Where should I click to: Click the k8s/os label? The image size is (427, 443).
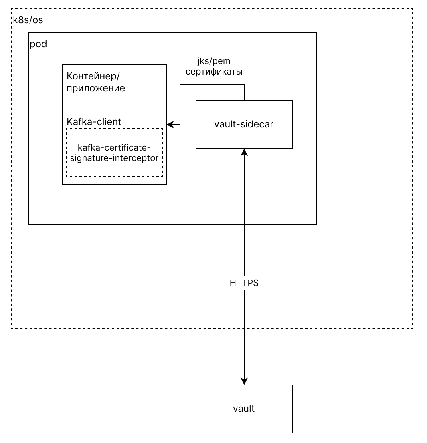tap(28, 20)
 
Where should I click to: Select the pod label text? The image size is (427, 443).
tap(38, 44)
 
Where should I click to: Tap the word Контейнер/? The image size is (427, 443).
tap(93, 76)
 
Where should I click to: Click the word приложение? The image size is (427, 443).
tap(96, 88)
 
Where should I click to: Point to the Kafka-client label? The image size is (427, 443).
tap(94, 122)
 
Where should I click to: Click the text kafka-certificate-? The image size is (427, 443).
tap(114, 147)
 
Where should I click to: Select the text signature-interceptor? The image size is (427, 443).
tap(114, 158)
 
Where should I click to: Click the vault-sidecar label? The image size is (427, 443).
tap(244, 124)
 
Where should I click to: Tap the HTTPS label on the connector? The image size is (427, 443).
tap(244, 283)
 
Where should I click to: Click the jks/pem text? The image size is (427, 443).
tap(214, 61)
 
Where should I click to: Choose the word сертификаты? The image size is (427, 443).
tap(214, 72)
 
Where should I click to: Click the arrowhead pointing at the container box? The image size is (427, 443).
tap(170, 124)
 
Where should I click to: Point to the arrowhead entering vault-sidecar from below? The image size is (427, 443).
tap(244, 152)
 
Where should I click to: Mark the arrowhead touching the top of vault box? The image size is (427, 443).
tap(244, 381)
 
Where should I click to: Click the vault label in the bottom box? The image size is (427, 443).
tap(244, 409)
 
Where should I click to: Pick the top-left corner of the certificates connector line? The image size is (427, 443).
tap(180, 85)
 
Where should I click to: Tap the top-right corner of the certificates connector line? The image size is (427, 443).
tap(244, 85)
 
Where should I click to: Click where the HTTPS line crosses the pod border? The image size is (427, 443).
tap(244, 225)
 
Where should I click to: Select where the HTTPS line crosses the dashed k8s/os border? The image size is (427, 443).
tap(244, 328)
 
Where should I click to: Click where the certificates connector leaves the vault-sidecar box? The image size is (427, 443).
tap(244, 100)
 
